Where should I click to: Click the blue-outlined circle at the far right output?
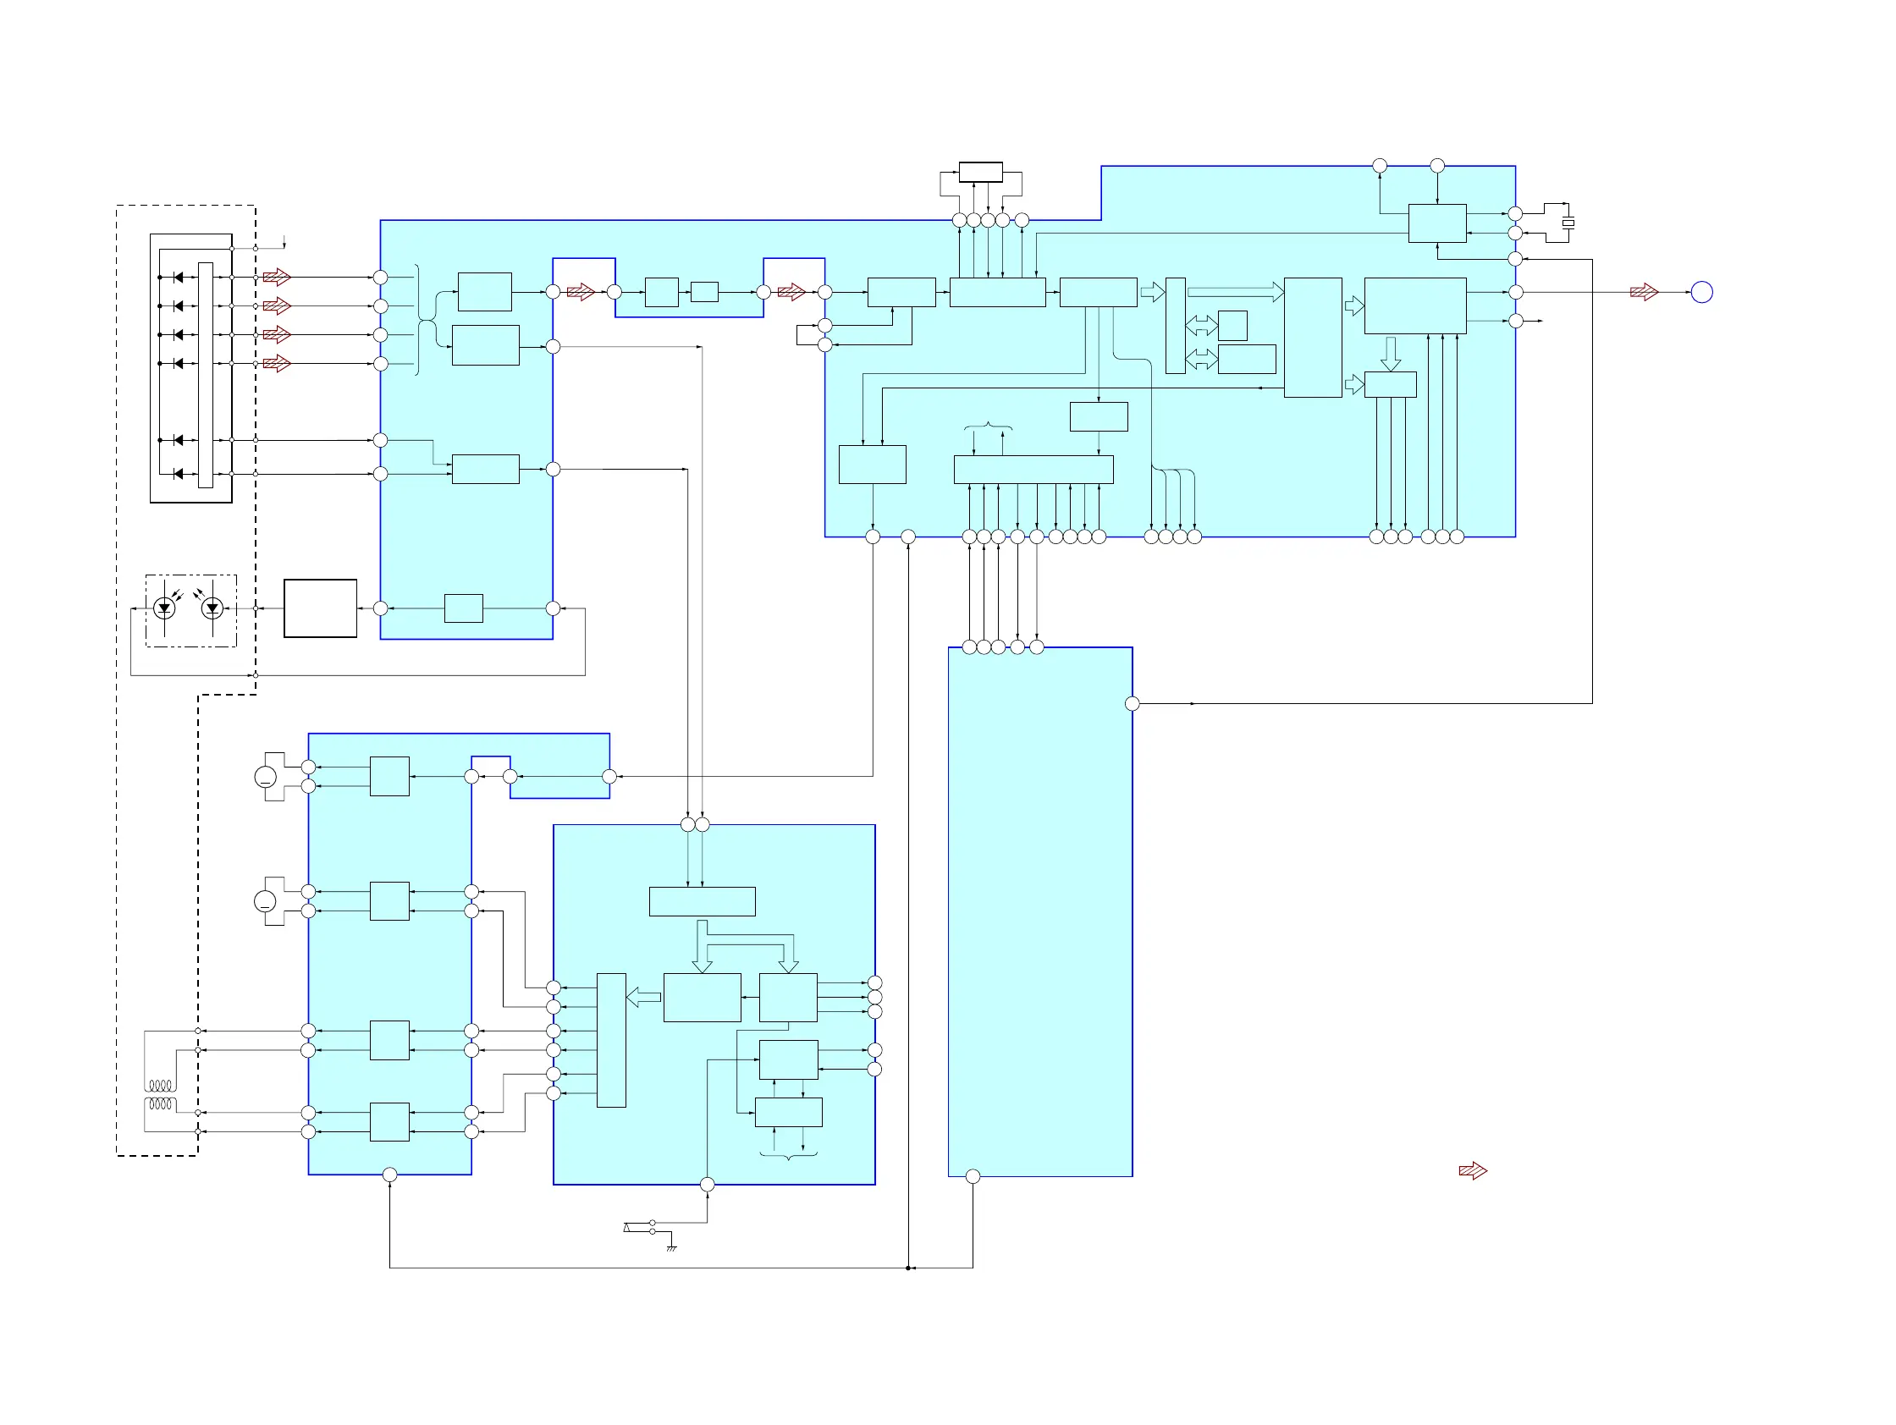(x=1701, y=292)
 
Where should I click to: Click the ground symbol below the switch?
(x=671, y=1247)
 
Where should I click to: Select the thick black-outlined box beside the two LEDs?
(x=320, y=608)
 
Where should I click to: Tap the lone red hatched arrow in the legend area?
(x=1473, y=1170)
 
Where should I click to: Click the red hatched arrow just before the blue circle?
(x=1644, y=292)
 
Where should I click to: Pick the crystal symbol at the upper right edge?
(x=1568, y=223)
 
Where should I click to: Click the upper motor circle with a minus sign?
(x=266, y=777)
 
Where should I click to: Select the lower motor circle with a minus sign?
(x=266, y=901)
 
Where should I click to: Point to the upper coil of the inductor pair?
(x=161, y=1086)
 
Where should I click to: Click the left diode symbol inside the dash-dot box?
(x=164, y=608)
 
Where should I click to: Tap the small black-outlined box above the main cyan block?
(x=980, y=172)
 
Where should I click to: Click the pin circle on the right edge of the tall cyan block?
(x=1133, y=703)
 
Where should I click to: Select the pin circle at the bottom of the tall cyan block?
(x=973, y=1176)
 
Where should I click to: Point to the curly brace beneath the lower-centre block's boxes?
(x=789, y=1156)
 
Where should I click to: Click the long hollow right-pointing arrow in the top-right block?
(x=1234, y=292)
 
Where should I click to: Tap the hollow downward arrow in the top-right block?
(x=1392, y=353)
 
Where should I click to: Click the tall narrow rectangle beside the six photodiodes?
(x=206, y=376)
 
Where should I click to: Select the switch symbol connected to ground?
(x=639, y=1227)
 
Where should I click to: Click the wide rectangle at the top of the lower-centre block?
(x=702, y=901)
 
